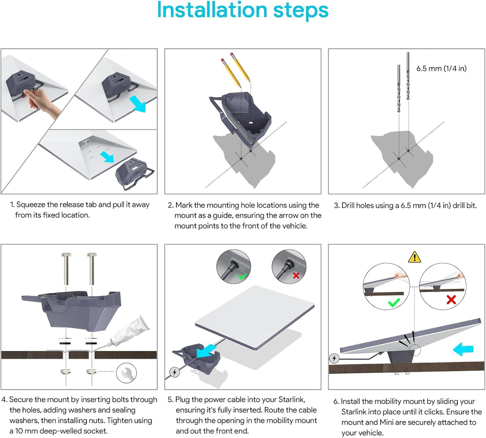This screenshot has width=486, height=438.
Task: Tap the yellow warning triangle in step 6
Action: tap(414, 257)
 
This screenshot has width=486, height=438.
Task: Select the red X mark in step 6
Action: tap(451, 299)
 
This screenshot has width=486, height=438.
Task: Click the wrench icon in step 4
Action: tap(126, 373)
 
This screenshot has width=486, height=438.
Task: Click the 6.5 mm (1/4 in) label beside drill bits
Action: tap(441, 69)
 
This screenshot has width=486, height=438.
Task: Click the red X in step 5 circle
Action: tap(296, 276)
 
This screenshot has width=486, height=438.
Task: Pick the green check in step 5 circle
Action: tap(242, 277)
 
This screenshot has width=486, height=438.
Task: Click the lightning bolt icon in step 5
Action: tap(175, 372)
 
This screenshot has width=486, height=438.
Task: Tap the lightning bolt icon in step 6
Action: tap(334, 358)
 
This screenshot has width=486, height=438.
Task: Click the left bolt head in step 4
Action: tap(66, 255)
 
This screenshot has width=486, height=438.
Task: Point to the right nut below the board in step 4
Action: tap(91, 372)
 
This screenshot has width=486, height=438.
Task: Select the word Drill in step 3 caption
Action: tap(348, 206)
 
